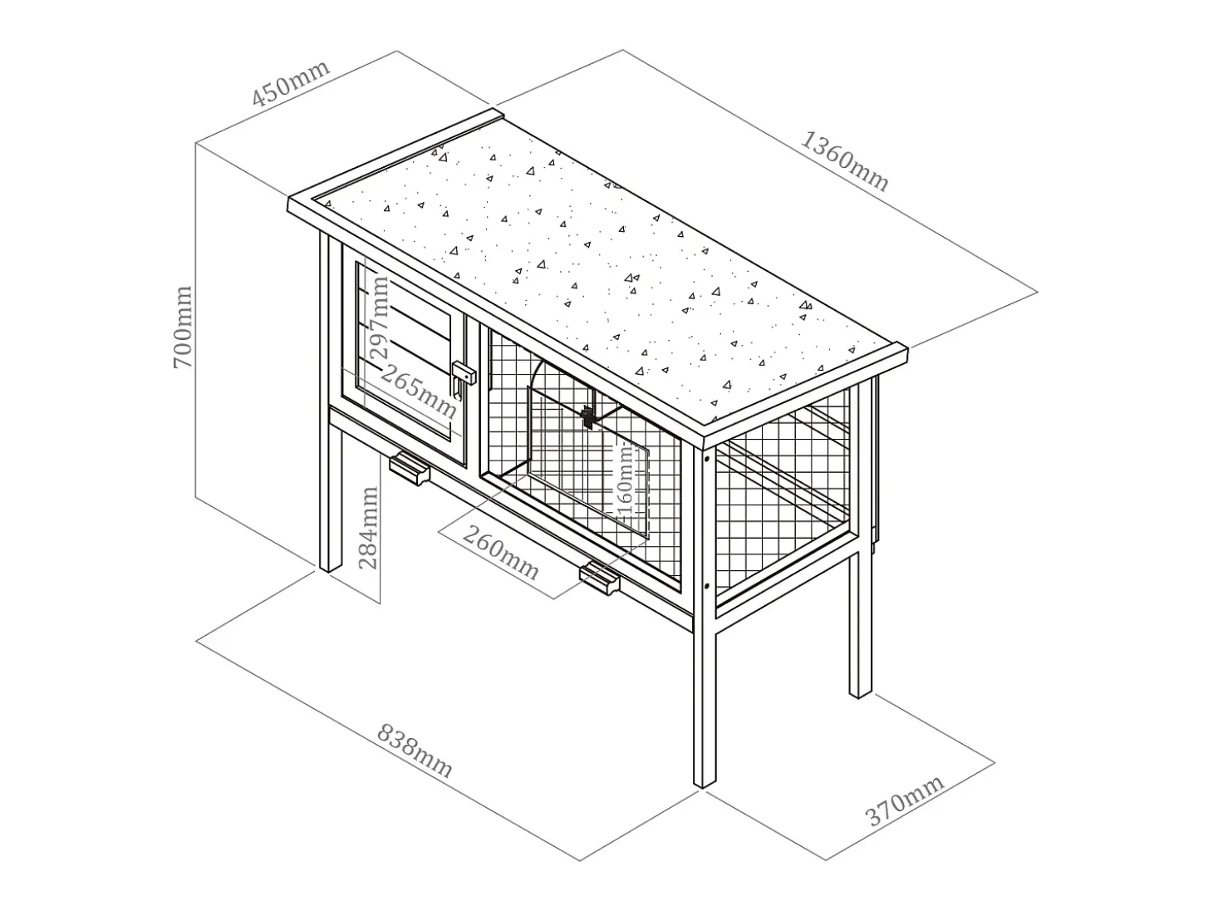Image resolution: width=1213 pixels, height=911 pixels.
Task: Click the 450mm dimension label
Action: click(291, 82)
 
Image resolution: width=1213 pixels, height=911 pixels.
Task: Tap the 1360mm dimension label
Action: click(844, 161)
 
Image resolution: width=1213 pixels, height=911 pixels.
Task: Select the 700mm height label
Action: click(182, 327)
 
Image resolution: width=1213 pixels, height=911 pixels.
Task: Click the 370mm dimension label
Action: click(905, 801)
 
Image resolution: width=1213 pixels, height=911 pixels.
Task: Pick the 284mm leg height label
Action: click(368, 528)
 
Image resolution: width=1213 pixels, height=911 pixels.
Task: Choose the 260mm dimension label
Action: click(501, 553)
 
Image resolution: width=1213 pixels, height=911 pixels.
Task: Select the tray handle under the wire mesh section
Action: click(600, 579)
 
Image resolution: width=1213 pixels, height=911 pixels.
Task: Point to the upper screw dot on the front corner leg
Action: click(707, 458)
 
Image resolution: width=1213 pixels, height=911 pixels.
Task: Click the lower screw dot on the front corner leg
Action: click(707, 585)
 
